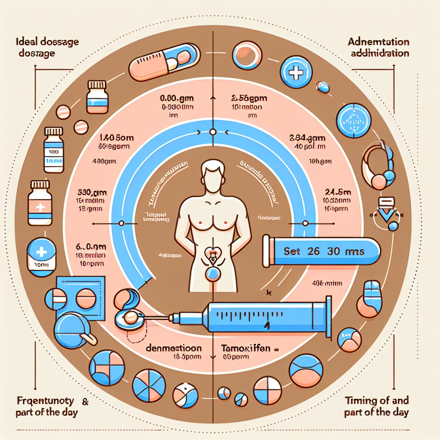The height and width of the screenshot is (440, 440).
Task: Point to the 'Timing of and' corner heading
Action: click(376, 401)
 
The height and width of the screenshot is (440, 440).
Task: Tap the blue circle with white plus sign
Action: click(296, 73)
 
